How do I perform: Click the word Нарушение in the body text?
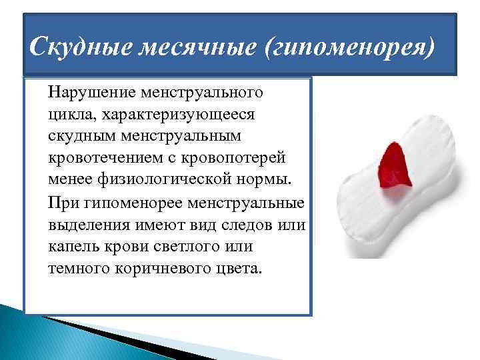(87, 91)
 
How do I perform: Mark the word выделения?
(85, 225)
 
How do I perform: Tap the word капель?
(69, 247)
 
